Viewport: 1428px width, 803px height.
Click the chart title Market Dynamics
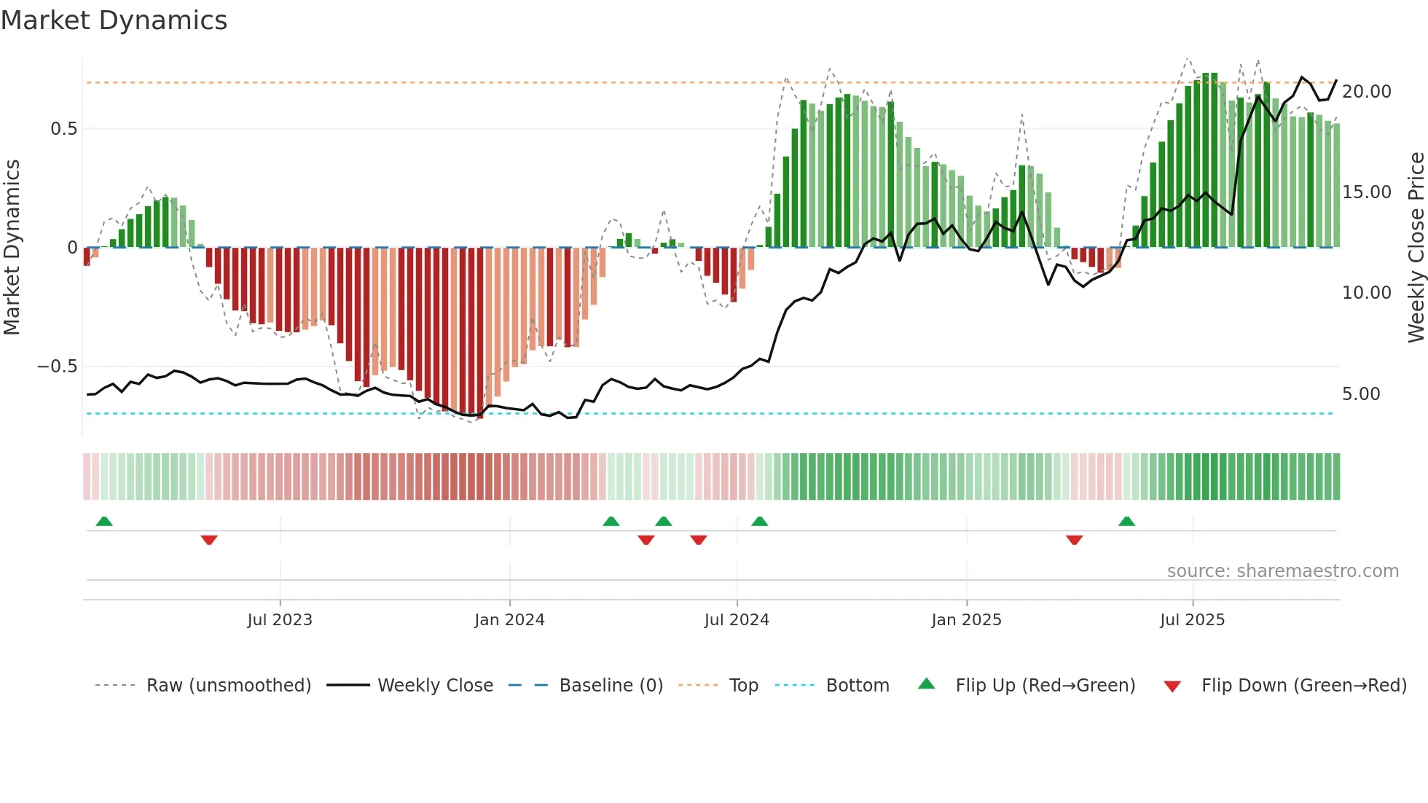[x=114, y=20]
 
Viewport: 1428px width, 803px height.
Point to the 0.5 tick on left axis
[x=63, y=129]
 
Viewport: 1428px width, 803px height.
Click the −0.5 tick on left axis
[x=58, y=367]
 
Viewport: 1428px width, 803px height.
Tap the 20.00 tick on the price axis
[x=1366, y=92]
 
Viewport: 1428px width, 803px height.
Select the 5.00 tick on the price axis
[x=1361, y=394]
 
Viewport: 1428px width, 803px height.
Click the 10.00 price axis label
[x=1366, y=293]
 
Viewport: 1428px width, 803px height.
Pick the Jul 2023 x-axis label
[x=280, y=620]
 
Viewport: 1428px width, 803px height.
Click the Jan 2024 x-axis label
[x=509, y=620]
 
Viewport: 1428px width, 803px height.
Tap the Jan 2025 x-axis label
[x=966, y=620]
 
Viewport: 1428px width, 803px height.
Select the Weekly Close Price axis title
[x=1416, y=248]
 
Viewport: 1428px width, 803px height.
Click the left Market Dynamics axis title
[x=12, y=248]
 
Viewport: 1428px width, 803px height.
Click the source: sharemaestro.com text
[x=1282, y=571]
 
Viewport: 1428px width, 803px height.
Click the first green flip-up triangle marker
[x=104, y=522]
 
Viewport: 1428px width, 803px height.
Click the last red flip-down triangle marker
[x=1074, y=539]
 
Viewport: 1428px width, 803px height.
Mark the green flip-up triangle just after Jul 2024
[x=759, y=522]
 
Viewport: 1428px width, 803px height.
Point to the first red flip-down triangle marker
[x=209, y=539]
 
